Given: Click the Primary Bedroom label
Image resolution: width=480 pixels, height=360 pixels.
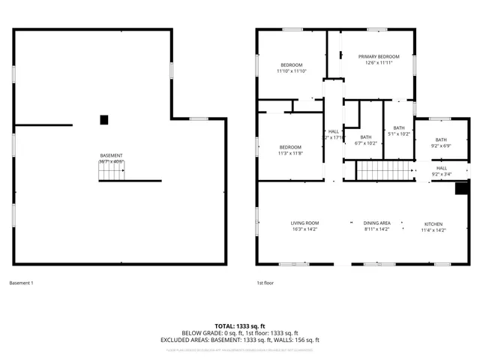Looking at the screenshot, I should tap(378, 57).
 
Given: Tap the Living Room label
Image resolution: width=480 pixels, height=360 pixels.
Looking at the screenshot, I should tap(305, 223).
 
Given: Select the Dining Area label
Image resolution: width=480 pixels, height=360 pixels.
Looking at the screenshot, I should tap(376, 223).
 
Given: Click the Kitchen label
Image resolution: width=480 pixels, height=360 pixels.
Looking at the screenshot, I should tap(433, 224).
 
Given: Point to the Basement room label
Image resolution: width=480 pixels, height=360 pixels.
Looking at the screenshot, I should tap(111, 156).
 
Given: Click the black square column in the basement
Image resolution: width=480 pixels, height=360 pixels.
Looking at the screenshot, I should tap(104, 119).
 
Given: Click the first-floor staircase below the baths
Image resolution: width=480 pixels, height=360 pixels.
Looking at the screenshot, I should tap(384, 172).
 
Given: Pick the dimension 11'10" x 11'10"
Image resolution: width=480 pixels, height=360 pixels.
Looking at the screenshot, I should tap(291, 71).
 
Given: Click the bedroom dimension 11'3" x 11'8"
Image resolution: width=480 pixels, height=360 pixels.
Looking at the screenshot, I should tap(290, 153).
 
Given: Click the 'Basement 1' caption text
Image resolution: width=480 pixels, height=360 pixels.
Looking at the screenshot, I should tap(21, 283).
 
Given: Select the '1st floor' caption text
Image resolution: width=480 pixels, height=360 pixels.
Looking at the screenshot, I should tap(265, 283).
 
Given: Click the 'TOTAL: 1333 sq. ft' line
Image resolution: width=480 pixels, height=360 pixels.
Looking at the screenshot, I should tap(240, 325).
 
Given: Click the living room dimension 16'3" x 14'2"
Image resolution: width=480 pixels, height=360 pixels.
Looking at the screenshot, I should tap(305, 230).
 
